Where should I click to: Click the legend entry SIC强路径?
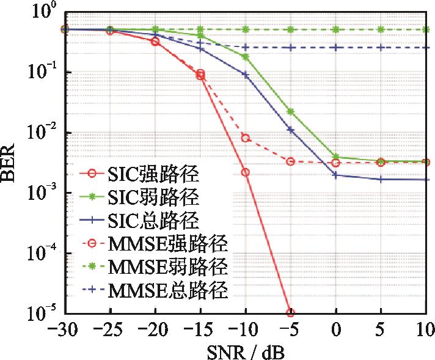tap(141, 175)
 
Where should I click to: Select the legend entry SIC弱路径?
tap(141, 197)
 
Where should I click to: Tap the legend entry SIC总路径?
tap(141, 220)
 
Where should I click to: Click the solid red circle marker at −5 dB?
tap(291, 312)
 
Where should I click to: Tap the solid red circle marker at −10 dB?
tap(246, 172)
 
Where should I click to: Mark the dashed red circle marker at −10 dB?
tap(246, 138)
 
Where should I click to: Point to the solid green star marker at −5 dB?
tap(291, 112)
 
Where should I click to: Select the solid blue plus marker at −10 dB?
tap(246, 75)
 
